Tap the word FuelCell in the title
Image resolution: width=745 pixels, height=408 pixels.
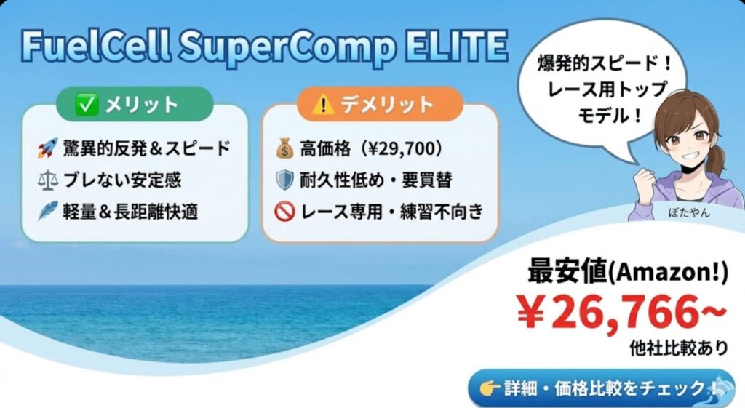93,47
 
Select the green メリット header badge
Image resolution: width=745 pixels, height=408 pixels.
127,105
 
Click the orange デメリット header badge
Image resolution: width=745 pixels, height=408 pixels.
379,105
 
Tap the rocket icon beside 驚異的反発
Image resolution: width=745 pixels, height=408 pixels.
49,149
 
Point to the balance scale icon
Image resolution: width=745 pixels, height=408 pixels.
49,180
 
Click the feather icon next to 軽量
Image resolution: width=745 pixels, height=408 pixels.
49,212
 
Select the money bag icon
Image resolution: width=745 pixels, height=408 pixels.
284,149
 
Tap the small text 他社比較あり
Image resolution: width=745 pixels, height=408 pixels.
678,348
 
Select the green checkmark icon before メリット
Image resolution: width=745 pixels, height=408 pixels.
87,105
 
